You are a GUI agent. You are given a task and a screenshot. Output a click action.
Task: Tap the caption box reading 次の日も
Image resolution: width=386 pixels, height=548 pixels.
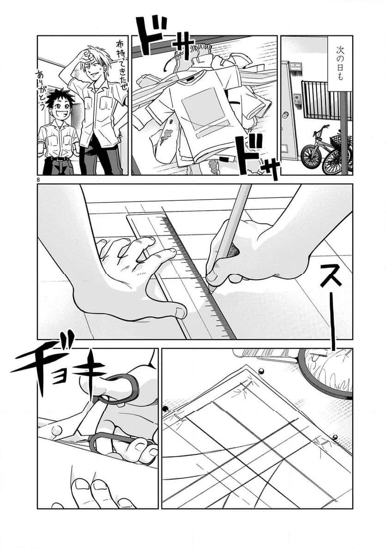[x=339, y=64]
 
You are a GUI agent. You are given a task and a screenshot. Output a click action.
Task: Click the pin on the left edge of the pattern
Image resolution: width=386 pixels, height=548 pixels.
[x=165, y=409]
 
